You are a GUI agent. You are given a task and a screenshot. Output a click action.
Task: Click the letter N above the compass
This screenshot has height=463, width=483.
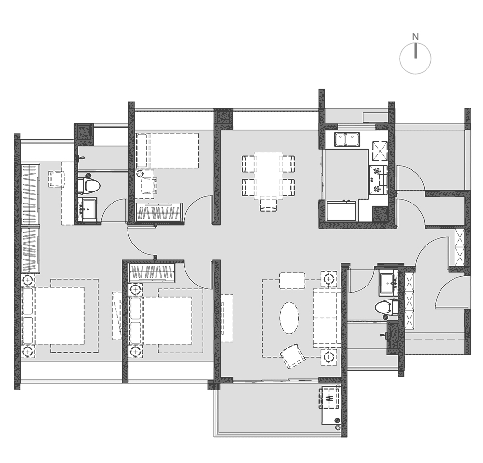pos(415,37)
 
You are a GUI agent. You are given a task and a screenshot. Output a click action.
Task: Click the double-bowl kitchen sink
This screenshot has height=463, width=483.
pos(347,139)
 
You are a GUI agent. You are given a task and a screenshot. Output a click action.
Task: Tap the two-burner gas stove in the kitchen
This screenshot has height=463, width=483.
pos(378,180)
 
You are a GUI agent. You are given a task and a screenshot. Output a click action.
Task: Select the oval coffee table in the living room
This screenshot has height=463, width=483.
pos(289,317)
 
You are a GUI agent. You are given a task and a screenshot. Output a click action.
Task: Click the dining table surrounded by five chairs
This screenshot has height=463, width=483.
pos(268,176)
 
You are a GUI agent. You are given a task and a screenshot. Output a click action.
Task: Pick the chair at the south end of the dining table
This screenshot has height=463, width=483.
pos(268,205)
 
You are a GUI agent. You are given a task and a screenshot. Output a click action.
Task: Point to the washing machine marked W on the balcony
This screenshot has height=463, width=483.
pos(330,398)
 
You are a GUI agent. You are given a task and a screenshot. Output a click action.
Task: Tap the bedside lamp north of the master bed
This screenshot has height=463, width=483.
pos(28,280)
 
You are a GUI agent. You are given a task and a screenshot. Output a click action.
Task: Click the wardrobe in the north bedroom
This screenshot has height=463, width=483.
pos(158,212)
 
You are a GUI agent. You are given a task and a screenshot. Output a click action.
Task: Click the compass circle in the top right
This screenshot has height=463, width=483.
pos(415,58)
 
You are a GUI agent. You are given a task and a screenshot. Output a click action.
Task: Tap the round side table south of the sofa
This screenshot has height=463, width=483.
pos(328,357)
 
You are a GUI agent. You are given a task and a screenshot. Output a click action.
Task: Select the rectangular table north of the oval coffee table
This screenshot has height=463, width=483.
pos(292,281)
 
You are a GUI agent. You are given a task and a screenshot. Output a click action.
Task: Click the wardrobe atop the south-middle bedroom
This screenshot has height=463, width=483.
pos(153,272)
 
